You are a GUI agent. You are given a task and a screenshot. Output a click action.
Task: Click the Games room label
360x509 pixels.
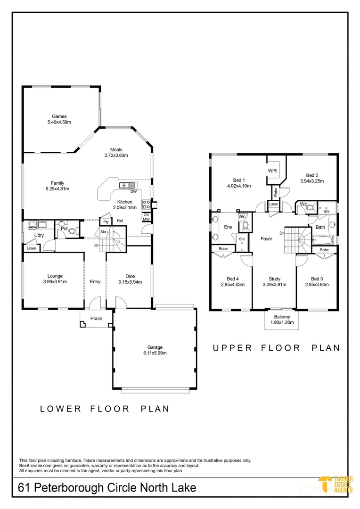coord(59,116)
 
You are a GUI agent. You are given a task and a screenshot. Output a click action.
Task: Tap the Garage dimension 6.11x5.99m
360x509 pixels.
coord(155,353)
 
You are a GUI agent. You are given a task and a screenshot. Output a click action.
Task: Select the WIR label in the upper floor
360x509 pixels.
coord(272,171)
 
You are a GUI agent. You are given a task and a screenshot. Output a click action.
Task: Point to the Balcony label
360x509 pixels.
coord(282,317)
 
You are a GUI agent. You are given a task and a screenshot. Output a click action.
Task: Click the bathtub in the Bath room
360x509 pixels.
coord(322,241)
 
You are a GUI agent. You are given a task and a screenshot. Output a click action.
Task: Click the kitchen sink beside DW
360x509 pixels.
coord(127,185)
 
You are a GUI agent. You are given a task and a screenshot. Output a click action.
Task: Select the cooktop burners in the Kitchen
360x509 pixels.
coord(146,204)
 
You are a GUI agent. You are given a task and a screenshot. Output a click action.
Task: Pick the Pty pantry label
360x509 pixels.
coord(106,222)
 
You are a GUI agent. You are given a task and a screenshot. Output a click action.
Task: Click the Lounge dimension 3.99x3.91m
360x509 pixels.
coord(55,282)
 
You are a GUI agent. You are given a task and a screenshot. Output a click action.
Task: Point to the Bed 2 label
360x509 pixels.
coord(312,175)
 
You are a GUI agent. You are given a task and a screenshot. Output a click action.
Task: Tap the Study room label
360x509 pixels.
coord(275,279)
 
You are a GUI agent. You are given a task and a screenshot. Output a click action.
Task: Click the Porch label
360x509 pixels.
coord(97,319)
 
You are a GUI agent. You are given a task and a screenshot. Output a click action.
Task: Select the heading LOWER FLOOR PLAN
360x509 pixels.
coord(105,409)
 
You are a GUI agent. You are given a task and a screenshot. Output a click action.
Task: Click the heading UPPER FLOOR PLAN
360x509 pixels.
coord(276,348)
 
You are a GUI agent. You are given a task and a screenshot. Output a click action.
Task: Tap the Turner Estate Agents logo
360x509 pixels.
coord(335,484)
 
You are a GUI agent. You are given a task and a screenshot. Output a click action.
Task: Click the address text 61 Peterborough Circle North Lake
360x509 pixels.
coord(107,488)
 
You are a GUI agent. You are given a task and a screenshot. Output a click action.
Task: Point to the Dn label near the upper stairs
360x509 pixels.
coord(282,233)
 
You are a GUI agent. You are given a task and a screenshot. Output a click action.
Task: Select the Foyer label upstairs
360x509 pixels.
coord(266,238)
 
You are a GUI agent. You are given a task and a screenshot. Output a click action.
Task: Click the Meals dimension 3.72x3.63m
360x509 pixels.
coord(116,155)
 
